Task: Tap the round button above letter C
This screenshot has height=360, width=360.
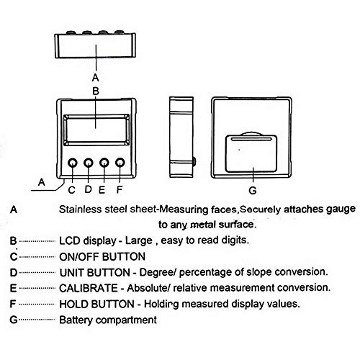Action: [x=73, y=164]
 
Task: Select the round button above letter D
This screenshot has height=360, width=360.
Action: [x=88, y=164]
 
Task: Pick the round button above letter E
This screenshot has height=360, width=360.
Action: [x=104, y=164]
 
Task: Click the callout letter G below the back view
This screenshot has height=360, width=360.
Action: [x=251, y=191]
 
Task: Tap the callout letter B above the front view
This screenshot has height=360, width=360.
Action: [x=95, y=91]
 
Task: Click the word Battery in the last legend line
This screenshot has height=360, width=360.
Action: [x=80, y=319]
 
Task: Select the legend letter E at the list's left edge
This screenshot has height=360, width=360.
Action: [x=14, y=287]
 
